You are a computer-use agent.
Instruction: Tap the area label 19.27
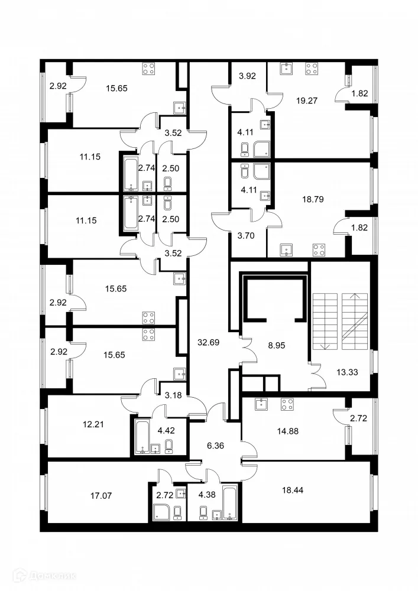tap(307, 100)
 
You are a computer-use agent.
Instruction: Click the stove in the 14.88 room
tap(287, 405)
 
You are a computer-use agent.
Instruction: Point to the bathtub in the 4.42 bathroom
tap(142, 436)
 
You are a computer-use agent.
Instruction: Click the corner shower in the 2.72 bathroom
tap(160, 512)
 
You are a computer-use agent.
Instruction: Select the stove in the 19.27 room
tap(311, 68)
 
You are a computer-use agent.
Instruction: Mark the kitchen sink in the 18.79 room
tap(287, 249)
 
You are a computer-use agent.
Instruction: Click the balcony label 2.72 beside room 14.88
tap(358, 418)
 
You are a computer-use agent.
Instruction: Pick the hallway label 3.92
tap(247, 76)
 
